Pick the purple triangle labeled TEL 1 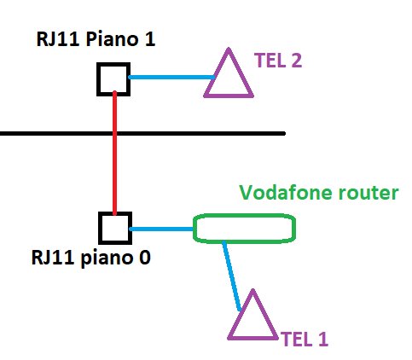point(241,315)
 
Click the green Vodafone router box point(244,216)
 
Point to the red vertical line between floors point(114,153)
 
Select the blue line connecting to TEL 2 point(171,77)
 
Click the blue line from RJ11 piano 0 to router point(162,229)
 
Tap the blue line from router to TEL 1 point(232,276)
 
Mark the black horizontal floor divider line point(142,133)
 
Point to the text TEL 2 point(278,61)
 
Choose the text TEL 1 point(305,339)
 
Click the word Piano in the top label point(112,39)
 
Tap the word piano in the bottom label point(107,258)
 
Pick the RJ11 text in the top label point(58,39)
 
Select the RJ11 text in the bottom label point(53,258)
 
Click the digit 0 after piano point(144,258)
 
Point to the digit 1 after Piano point(150,39)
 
